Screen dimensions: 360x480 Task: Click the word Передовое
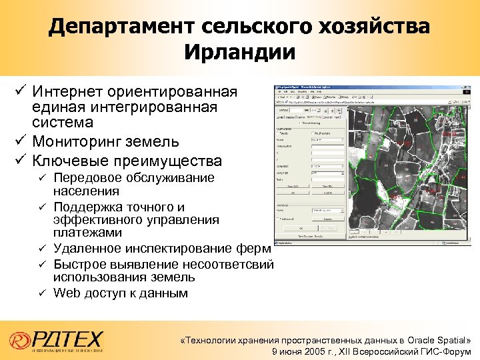pos(87,178)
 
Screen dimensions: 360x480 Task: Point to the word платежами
pos(87,233)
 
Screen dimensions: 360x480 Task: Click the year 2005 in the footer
pos(313,351)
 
